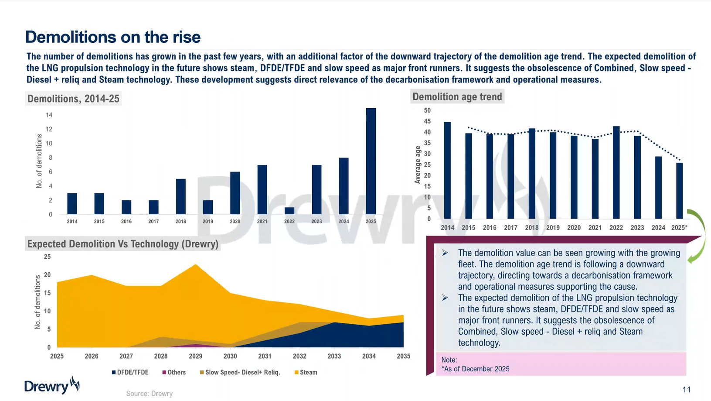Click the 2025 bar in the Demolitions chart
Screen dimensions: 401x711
(371, 161)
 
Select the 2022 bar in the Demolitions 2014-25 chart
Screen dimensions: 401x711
(289, 211)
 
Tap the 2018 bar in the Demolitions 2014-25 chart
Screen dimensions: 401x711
(181, 197)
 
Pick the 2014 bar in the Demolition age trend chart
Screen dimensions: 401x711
(447, 170)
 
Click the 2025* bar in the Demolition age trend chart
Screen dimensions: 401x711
(679, 191)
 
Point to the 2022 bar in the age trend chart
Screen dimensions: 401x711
(616, 172)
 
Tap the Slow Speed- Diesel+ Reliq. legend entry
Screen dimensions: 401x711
(240, 372)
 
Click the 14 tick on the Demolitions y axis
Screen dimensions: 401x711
(49, 115)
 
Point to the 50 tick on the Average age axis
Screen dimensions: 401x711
(427, 110)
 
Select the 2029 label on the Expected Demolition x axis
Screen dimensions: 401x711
(195, 356)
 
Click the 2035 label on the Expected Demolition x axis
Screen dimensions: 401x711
(403, 356)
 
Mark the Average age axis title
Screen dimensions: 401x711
(417, 165)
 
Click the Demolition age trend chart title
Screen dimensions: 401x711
(457, 96)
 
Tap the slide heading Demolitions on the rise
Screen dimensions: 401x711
(113, 37)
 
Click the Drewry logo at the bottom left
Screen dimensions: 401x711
(52, 385)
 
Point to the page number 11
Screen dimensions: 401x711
(687, 390)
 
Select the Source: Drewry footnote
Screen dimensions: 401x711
(150, 394)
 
